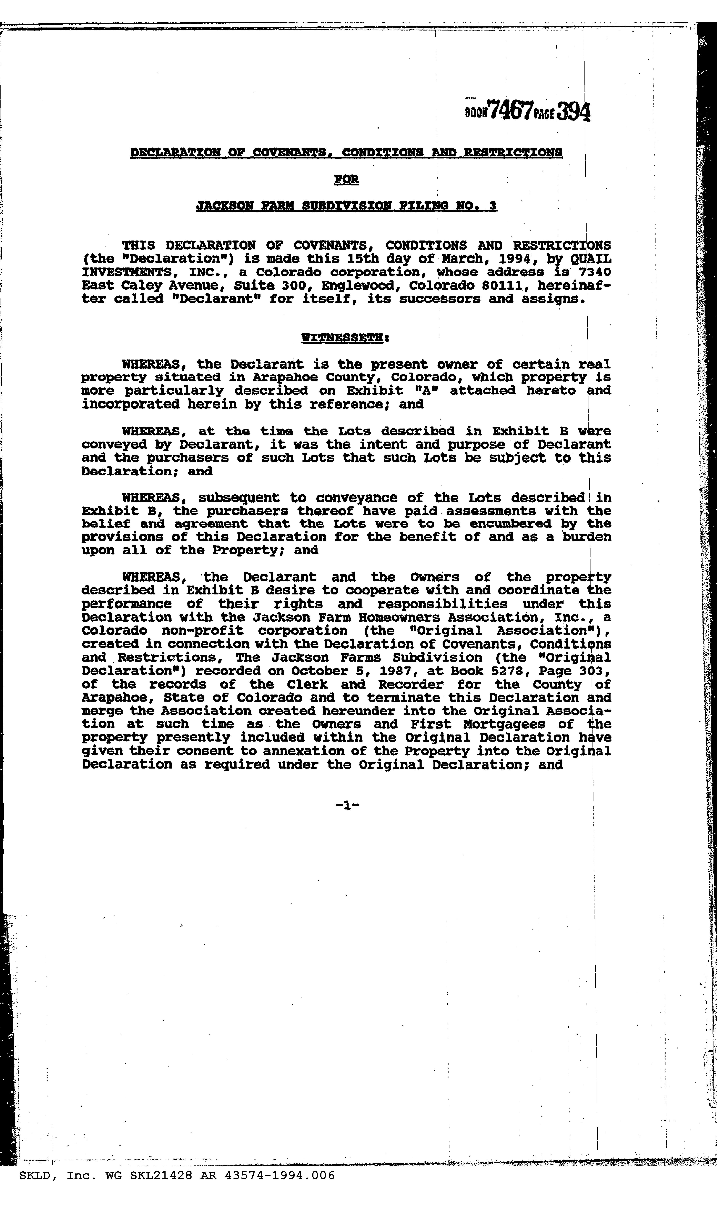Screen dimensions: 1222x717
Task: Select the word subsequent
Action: click(x=239, y=498)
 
